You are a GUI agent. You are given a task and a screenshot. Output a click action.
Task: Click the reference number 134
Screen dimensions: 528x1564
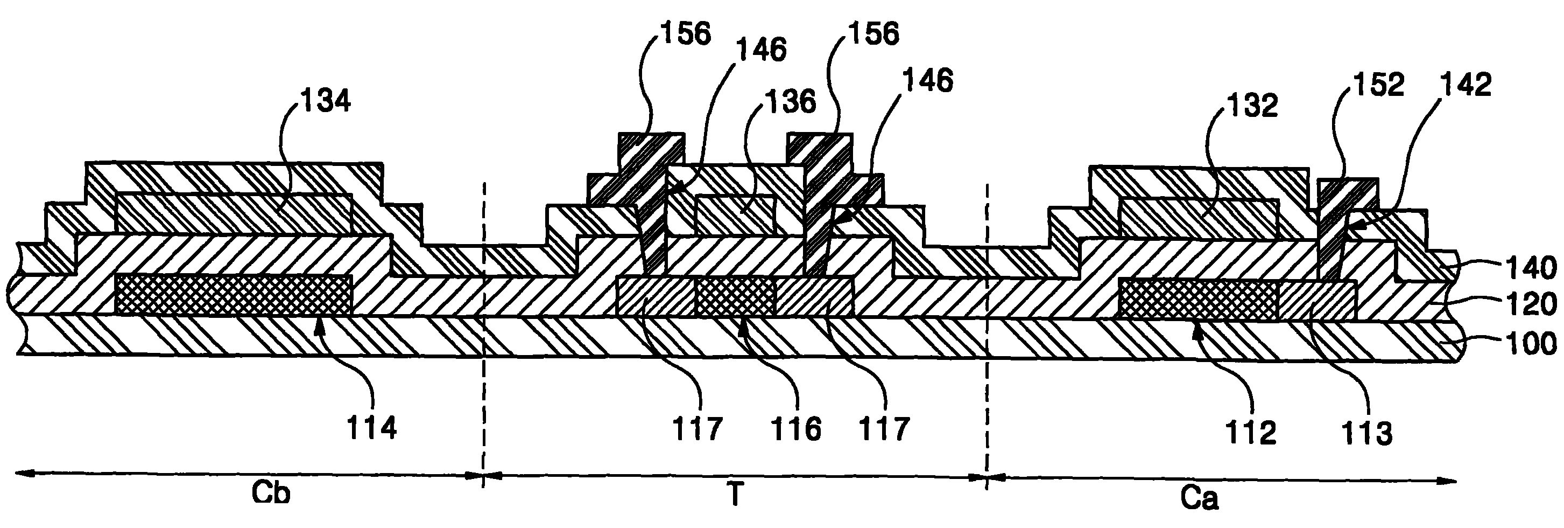point(327,101)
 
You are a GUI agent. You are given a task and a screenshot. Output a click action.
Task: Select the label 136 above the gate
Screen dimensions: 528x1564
point(791,101)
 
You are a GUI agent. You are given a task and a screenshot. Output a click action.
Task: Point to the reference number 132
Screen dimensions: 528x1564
point(1253,106)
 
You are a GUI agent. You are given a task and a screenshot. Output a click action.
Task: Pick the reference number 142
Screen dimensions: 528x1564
point(1466,85)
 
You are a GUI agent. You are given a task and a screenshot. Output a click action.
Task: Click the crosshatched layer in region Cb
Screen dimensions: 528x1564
point(233,295)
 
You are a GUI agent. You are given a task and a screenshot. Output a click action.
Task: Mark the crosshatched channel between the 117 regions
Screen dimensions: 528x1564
point(735,296)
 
